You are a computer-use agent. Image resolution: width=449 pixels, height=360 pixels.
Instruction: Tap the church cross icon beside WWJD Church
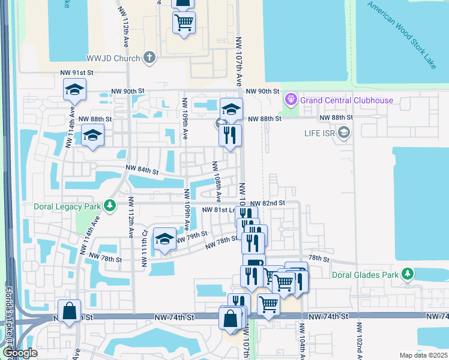tap(149, 58)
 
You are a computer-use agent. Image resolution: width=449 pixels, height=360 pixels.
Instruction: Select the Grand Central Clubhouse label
tap(347, 100)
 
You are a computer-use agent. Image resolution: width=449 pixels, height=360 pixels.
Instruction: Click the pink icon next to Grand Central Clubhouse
tap(291, 98)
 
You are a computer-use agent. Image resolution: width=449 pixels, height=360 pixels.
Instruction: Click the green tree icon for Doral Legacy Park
tap(109, 206)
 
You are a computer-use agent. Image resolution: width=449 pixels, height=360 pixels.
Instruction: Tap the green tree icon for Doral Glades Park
tap(408, 274)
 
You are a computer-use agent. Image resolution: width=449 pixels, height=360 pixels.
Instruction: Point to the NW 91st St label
tap(77, 73)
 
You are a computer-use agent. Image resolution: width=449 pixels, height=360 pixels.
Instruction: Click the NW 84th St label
tap(141, 171)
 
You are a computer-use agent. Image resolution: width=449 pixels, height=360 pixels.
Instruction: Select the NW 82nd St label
tap(267, 204)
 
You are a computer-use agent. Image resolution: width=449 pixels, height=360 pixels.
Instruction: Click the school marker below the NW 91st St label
tap(74, 91)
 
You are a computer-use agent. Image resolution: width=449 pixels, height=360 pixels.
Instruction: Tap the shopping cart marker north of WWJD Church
tap(184, 23)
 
